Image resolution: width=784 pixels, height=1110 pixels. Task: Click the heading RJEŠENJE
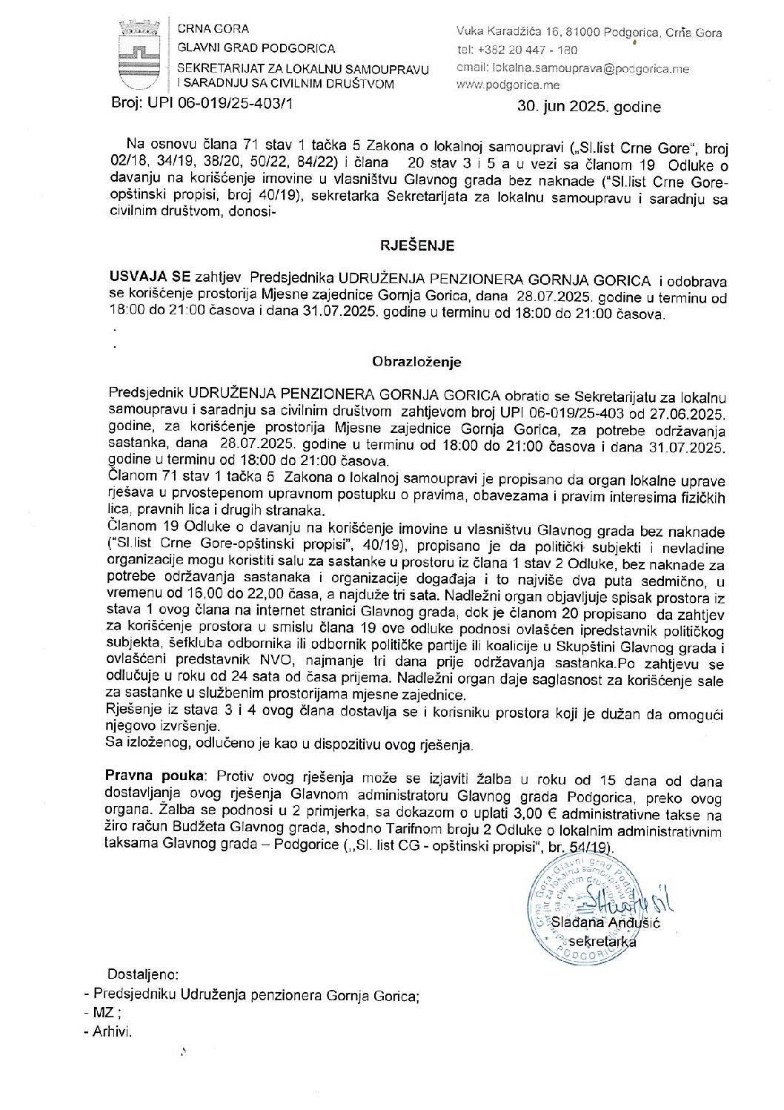coord(417,245)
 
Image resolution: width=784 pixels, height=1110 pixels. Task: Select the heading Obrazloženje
coord(416,362)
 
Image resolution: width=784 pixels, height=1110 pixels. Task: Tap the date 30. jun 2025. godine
coord(589,107)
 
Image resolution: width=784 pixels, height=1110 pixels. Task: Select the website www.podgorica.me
coord(508,85)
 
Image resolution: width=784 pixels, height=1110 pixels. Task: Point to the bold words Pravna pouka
coord(154,776)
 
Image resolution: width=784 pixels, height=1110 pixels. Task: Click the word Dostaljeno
coord(143,974)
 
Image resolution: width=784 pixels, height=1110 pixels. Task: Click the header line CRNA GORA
coord(213,29)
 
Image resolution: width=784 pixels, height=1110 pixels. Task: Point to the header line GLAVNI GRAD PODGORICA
coord(256,48)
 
